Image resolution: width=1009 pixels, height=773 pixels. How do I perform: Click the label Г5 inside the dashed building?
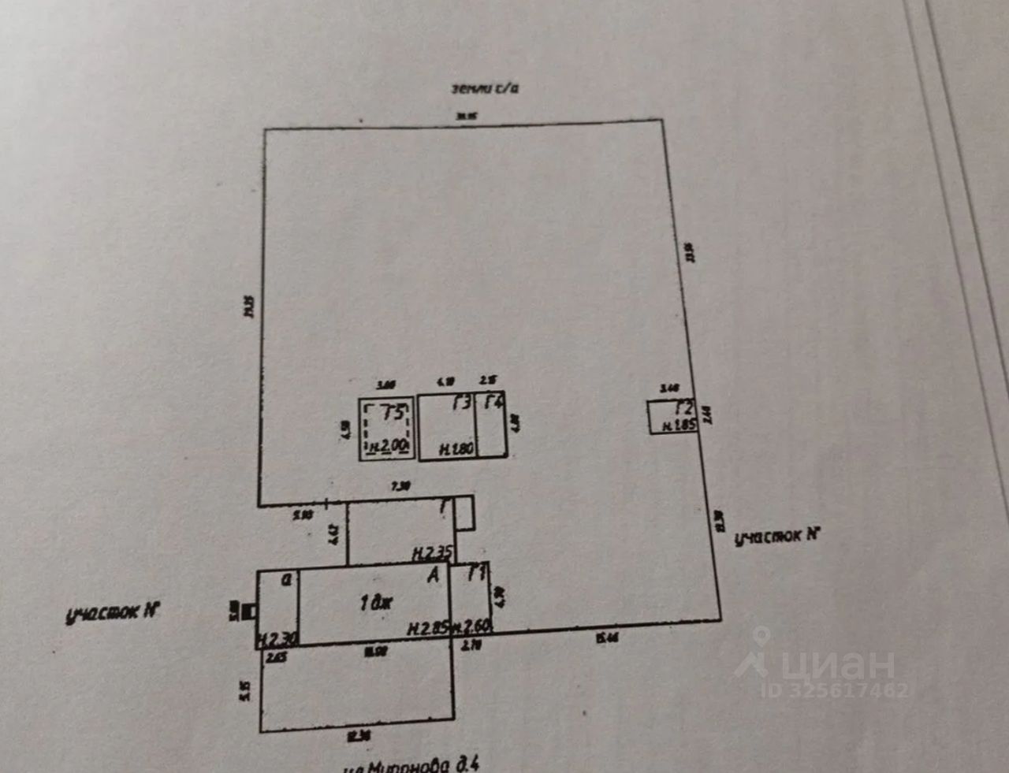coord(393,412)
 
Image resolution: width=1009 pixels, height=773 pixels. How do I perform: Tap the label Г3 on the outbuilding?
coord(463,404)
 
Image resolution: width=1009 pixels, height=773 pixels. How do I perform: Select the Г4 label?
coord(493,403)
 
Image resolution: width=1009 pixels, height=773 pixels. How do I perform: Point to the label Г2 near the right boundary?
coord(683,409)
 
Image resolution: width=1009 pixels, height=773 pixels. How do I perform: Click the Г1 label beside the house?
coord(475,572)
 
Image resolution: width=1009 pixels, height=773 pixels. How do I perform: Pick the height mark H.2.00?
coord(388,447)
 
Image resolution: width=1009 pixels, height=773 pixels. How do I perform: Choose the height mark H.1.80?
coord(456,449)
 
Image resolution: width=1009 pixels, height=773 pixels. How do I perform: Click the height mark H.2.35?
coord(431,553)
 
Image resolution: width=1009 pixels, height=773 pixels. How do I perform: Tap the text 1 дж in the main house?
coord(376,604)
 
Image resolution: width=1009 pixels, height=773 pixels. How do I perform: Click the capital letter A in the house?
coord(433,577)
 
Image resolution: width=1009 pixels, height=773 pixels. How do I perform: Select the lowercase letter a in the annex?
coord(288,579)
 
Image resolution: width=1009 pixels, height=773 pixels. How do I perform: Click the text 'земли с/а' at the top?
coord(484,87)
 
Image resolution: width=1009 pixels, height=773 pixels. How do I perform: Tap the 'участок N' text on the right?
coord(777,536)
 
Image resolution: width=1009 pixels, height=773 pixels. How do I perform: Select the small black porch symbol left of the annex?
coord(249,611)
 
